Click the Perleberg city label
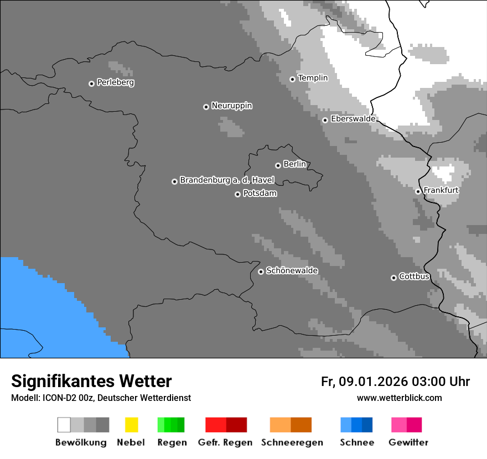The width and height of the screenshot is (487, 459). [x=115, y=82]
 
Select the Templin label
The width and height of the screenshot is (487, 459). [x=313, y=78]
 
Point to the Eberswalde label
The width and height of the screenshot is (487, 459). [x=353, y=119]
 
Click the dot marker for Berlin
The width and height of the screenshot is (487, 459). [x=278, y=165]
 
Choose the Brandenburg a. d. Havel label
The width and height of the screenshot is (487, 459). [x=226, y=180]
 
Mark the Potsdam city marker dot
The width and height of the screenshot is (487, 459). [x=237, y=194]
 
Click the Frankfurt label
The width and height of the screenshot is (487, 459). [x=441, y=190]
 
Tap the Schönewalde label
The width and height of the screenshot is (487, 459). [x=292, y=270]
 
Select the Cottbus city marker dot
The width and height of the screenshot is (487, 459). [x=393, y=278]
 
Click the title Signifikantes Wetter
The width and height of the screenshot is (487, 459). [x=91, y=381]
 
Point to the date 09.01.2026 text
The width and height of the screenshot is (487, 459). [x=372, y=382]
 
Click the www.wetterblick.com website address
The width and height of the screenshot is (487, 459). [x=399, y=398]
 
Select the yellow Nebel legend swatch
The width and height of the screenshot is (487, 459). [x=131, y=425]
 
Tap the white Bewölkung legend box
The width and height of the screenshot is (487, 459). [x=64, y=425]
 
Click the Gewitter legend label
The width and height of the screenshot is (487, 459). [x=408, y=442]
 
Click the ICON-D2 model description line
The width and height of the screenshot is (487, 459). [x=101, y=398]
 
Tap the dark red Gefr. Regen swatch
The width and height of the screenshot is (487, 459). [x=236, y=425]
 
